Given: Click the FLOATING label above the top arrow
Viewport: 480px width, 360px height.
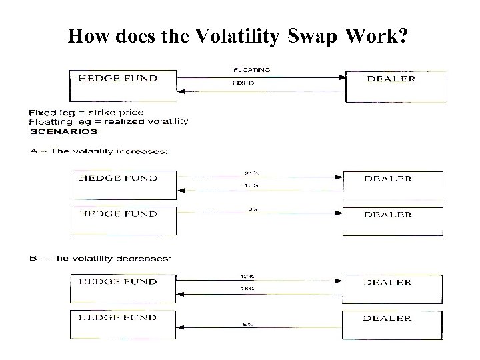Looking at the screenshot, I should (x=251, y=69).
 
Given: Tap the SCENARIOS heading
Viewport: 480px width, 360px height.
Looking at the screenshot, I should (x=63, y=131).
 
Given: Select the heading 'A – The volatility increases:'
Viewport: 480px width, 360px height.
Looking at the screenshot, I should (x=99, y=151).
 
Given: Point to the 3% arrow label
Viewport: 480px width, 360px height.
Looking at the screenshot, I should (x=253, y=208).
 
